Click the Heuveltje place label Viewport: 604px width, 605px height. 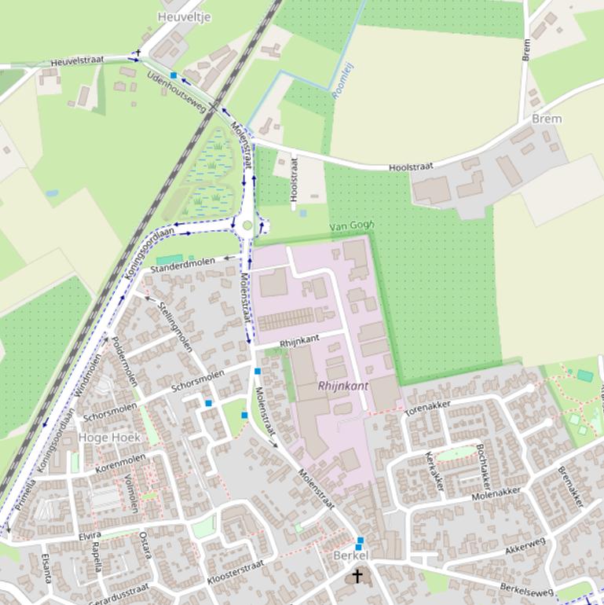tap(185, 16)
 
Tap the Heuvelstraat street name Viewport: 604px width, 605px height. tap(77, 62)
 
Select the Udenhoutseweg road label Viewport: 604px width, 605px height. tap(176, 91)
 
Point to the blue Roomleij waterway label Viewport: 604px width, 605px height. tap(343, 80)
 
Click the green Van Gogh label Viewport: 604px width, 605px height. tap(352, 225)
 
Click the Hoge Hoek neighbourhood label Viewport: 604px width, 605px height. tap(109, 437)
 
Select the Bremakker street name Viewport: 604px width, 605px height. tap(571, 487)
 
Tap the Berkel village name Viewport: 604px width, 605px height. tap(351, 555)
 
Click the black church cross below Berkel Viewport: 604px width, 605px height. tap(357, 576)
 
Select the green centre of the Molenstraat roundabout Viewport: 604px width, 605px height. tap(247, 225)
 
